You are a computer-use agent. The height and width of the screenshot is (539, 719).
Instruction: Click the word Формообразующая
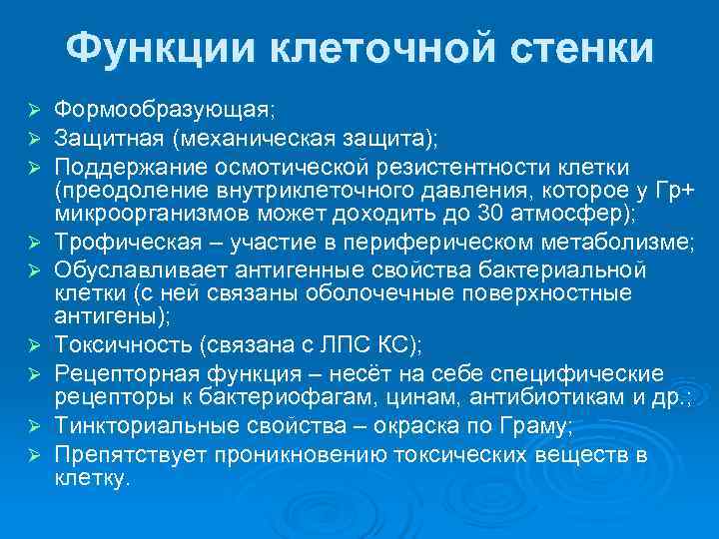point(161,107)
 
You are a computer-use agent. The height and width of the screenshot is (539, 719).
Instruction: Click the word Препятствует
point(129,455)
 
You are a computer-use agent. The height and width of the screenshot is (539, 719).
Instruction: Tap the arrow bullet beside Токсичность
point(33,346)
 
